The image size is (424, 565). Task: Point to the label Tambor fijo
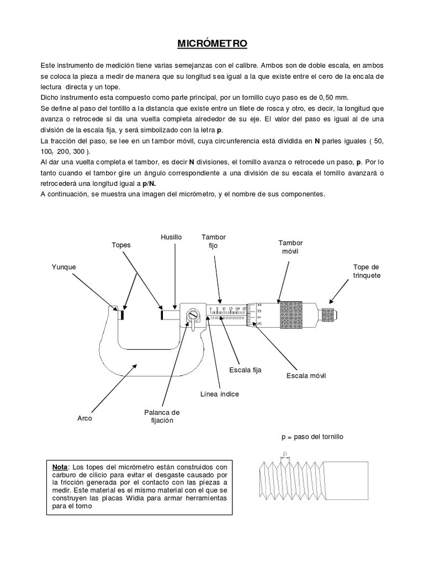(x=214, y=241)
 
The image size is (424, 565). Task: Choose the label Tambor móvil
(x=290, y=247)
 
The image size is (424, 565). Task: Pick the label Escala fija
(x=241, y=370)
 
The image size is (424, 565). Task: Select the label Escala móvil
(x=306, y=376)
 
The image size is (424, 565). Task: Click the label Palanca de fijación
(x=161, y=417)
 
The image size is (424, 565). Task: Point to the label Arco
(x=84, y=419)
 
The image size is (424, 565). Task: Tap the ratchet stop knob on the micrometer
(x=329, y=315)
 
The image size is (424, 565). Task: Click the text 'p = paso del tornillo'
(x=312, y=436)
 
